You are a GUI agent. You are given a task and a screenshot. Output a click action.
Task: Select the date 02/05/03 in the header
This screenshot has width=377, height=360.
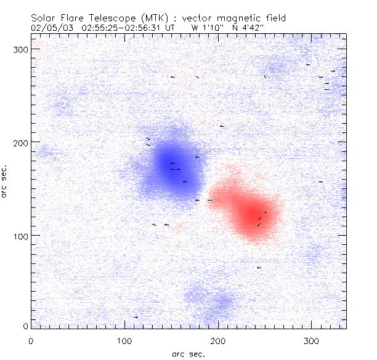[x=51, y=28]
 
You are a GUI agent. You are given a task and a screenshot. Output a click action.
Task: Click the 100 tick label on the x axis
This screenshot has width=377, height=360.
[x=124, y=340]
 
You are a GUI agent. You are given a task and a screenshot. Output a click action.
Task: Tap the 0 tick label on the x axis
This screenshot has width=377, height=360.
[x=31, y=340]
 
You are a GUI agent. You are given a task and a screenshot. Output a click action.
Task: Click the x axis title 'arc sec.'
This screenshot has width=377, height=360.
[x=188, y=354]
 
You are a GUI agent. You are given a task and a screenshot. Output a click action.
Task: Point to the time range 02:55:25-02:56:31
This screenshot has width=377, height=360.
[x=119, y=28]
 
